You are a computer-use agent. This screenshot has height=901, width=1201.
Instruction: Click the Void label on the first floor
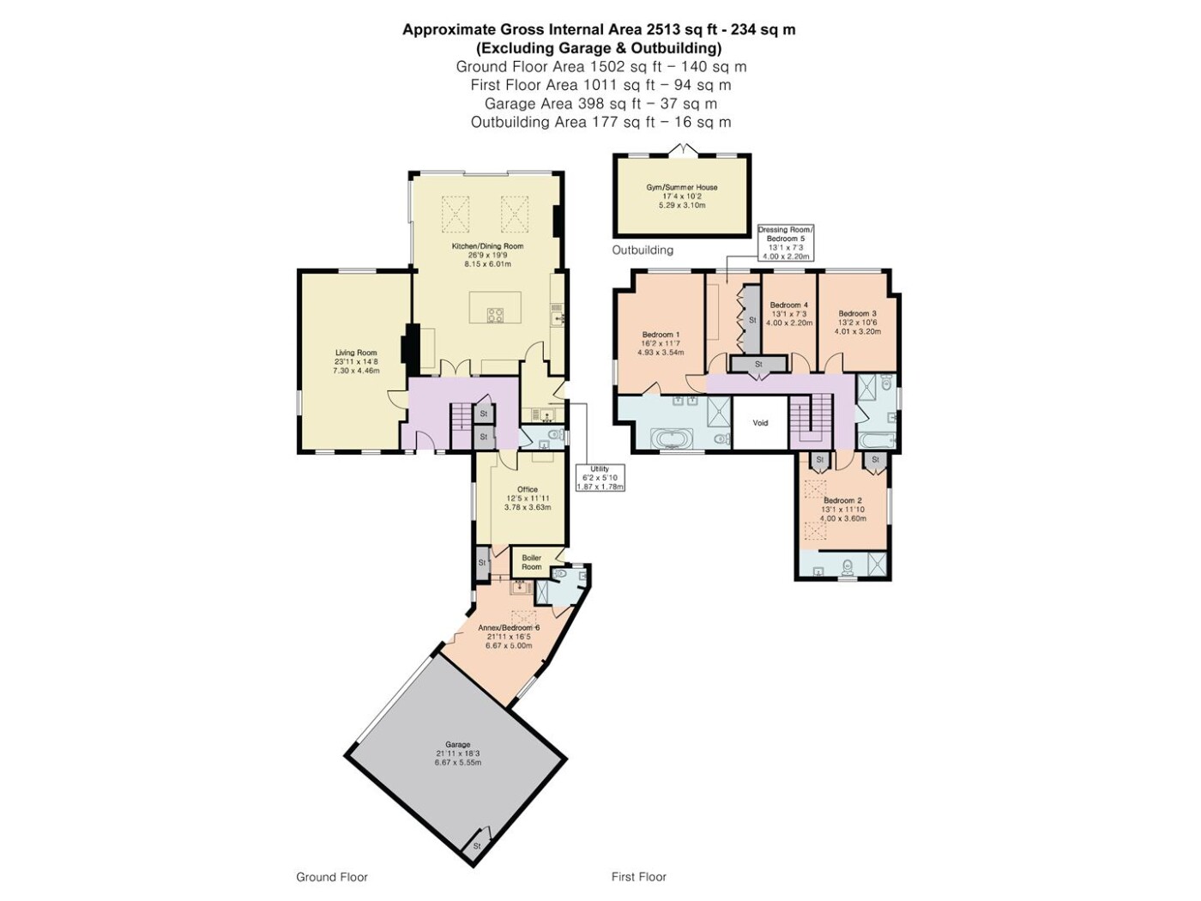760,423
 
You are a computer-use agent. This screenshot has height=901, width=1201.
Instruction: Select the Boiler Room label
531,562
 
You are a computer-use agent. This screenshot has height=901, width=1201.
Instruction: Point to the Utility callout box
600,478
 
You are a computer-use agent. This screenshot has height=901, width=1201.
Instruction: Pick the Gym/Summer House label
682,196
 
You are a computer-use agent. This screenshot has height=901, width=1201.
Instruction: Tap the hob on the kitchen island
495,315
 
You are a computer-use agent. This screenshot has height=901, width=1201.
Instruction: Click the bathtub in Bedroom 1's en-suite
672,439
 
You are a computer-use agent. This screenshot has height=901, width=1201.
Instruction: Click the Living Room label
356,361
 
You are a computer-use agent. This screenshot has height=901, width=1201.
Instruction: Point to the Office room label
528,498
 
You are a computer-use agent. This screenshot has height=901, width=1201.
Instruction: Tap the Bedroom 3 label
857,323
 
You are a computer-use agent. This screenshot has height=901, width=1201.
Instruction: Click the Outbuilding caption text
643,250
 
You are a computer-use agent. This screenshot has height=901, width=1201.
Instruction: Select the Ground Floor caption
332,877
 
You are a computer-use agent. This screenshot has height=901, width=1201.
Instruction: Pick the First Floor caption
638,877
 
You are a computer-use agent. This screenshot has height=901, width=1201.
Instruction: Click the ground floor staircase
462,425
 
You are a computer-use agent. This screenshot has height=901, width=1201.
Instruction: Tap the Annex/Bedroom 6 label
509,637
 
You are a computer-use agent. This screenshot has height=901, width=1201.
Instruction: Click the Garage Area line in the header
600,103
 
